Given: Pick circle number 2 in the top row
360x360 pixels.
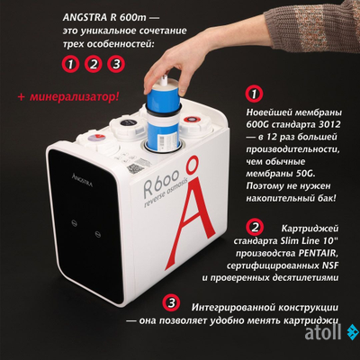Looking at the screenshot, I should [x=92, y=64].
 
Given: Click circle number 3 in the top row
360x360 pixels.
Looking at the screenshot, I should [x=114, y=64].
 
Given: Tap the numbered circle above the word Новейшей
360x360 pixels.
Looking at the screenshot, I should [x=255, y=94].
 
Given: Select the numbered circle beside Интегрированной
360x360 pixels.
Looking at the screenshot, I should [x=175, y=304].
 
